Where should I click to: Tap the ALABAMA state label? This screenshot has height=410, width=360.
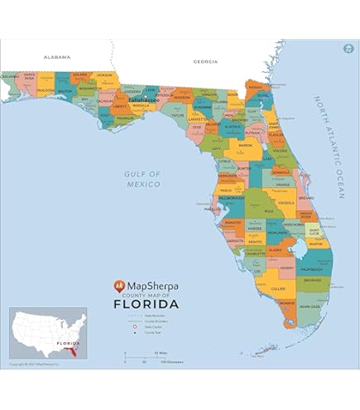(x=57, y=57)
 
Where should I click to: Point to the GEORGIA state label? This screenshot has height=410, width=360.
(x=204, y=61)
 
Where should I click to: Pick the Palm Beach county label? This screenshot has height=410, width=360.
(x=311, y=269)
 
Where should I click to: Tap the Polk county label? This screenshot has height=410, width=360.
(x=268, y=210)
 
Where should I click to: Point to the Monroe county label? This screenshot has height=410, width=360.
(x=286, y=304)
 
